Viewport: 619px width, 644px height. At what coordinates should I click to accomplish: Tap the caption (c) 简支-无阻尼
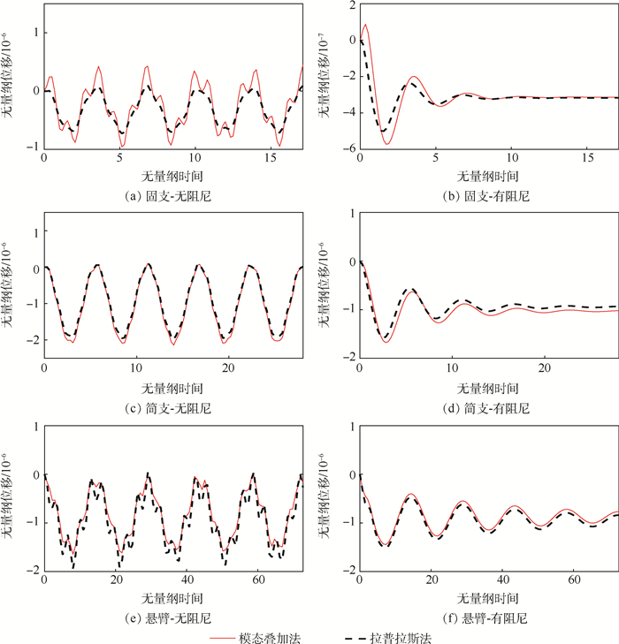pyautogui.click(x=172, y=408)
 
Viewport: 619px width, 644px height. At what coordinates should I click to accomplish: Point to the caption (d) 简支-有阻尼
pyautogui.click(x=486, y=408)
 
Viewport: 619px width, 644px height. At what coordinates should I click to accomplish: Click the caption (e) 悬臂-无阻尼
pyautogui.click(x=172, y=617)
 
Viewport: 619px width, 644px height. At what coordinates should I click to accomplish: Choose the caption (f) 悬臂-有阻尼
pyautogui.click(x=486, y=617)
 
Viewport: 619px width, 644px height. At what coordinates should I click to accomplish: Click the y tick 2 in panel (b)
pyautogui.click(x=350, y=5)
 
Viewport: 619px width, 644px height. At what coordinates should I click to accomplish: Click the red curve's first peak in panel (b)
pyautogui.click(x=365, y=26)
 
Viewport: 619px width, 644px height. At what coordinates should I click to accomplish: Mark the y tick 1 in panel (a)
pyautogui.click(x=34, y=33)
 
